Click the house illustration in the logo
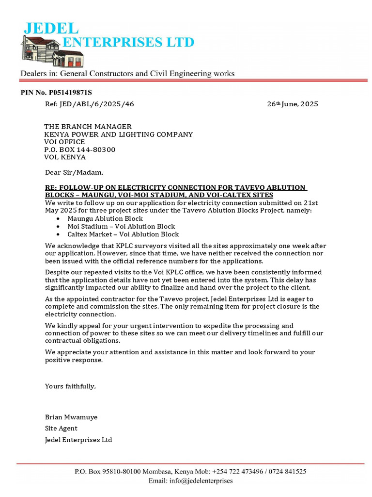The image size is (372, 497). point(42,49)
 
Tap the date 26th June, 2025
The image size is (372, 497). point(293,104)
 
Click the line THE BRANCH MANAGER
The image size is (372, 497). point(88,127)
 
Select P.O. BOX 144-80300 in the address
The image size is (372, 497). point(80,149)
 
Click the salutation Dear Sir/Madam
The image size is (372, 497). point(74,172)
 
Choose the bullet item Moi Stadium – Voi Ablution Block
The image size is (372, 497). point(121,226)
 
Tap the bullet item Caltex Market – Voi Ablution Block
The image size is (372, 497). point(123,234)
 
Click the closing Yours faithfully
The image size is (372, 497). point(70,386)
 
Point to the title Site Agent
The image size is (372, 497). point(61,429)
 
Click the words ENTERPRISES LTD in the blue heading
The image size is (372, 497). point(129,42)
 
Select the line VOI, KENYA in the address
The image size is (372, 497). point(65,157)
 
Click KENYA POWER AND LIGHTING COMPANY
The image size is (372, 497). point(119,134)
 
